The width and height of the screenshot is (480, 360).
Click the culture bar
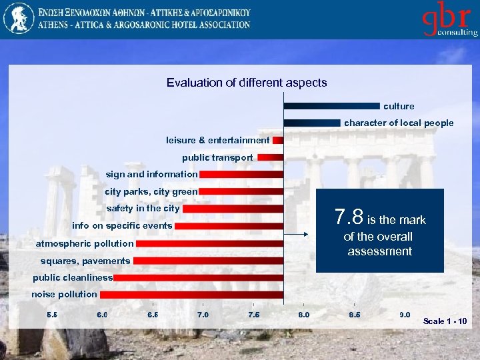331,106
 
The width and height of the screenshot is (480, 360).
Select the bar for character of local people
312,123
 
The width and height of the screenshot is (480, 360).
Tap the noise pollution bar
191,294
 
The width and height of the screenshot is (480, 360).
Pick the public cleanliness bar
198,277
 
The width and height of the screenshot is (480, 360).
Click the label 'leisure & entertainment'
218,140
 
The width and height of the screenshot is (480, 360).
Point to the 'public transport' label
217,157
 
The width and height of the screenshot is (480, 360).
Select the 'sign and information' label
151,174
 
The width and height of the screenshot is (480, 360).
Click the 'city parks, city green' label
151,191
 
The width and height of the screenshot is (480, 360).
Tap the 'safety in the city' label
143,209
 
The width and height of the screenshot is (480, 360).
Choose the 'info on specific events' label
122,226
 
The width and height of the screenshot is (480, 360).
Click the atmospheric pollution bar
209,243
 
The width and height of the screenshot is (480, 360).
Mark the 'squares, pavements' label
85,261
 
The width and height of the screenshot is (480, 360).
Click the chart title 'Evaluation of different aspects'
247,83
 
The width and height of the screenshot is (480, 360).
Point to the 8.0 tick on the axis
303,315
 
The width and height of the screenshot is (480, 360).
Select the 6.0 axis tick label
103,315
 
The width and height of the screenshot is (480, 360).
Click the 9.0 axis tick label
404,315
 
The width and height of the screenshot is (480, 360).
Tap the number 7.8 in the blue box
349,217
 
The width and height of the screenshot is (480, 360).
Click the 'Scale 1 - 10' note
445,321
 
